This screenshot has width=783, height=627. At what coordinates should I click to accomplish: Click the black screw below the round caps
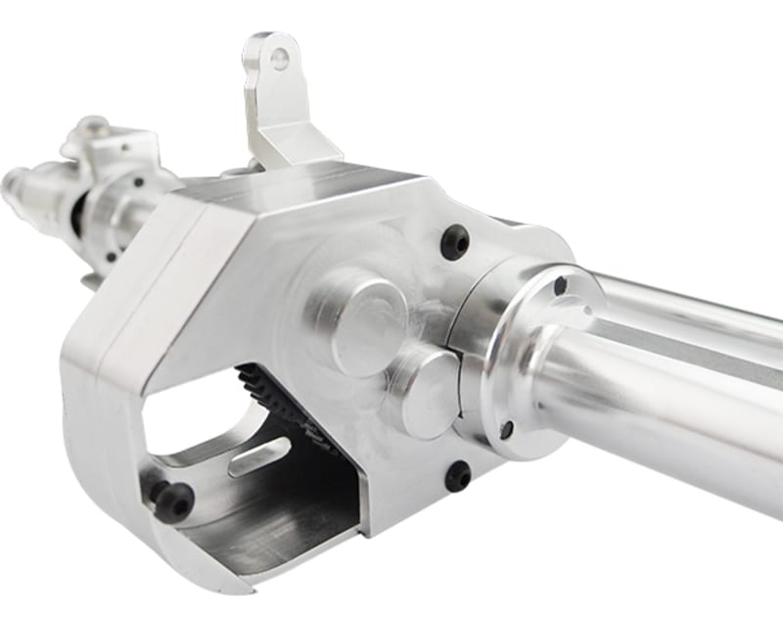[x=457, y=476]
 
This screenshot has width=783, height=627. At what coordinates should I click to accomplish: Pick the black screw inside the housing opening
[x=173, y=501]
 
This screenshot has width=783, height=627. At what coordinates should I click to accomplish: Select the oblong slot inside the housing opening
[x=259, y=457]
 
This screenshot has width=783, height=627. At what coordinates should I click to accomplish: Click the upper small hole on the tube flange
[x=560, y=287]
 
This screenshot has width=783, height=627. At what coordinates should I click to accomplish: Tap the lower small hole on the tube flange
[x=506, y=429]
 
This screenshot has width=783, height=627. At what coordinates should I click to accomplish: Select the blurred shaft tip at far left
[x=15, y=180]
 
